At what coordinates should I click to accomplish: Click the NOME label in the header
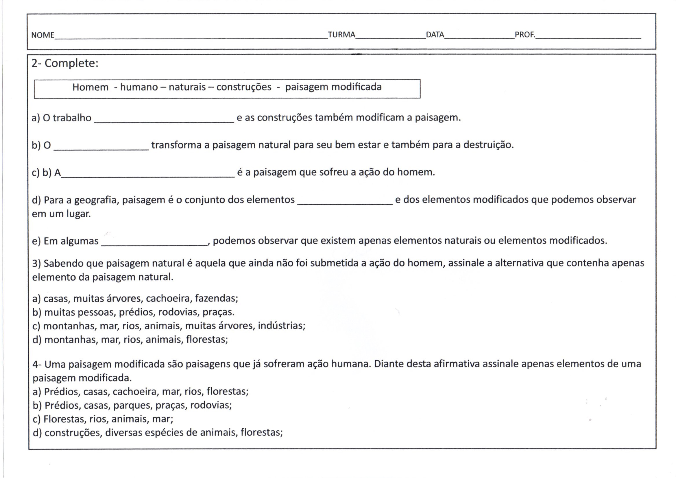tap(43, 35)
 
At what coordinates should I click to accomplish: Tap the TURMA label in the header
tap(341, 35)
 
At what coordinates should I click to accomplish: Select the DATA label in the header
tap(435, 35)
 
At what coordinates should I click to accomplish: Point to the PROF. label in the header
tap(525, 35)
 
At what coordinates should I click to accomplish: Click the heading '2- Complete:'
tap(65, 63)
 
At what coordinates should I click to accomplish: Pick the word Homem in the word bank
tap(90, 87)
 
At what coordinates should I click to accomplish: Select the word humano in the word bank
tap(139, 87)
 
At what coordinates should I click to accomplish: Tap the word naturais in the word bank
tap(187, 87)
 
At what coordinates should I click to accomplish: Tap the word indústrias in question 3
tap(281, 325)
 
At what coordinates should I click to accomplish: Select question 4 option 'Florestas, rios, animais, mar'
tap(103, 419)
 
